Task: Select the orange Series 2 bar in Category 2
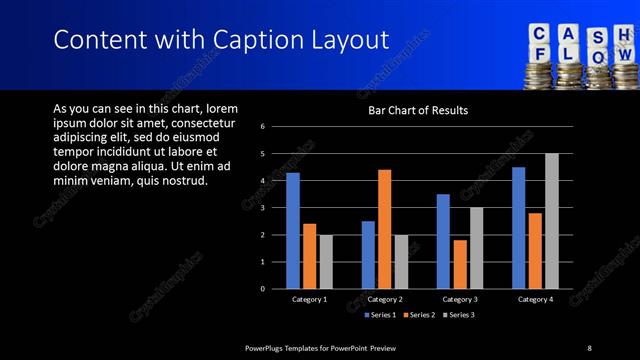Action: click(x=385, y=229)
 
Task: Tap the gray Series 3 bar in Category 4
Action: click(x=551, y=221)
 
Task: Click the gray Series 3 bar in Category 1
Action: click(x=326, y=262)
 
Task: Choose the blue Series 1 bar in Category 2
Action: click(x=368, y=255)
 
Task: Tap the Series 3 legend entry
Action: click(x=459, y=315)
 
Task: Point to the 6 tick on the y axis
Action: click(x=262, y=127)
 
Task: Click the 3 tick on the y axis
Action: click(x=262, y=208)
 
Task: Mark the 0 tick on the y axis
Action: click(x=262, y=289)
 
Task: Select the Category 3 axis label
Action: click(x=460, y=299)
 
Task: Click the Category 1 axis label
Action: click(x=310, y=299)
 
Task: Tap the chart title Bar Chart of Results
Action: click(x=418, y=110)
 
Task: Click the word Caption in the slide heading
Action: click(x=250, y=40)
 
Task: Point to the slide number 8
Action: click(x=589, y=347)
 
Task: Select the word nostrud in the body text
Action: click(x=181, y=181)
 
